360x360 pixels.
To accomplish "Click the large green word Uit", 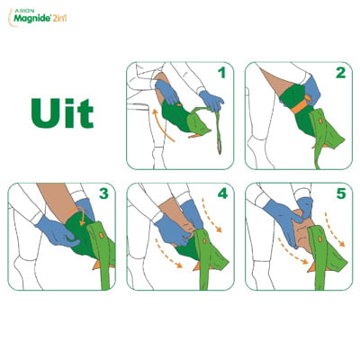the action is [62, 113].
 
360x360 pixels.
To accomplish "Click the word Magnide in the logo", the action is [32, 18].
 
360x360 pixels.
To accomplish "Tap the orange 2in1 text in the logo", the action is [59, 18].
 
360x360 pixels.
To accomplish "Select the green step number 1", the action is [221, 73].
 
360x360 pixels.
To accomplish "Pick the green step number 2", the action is [340, 73].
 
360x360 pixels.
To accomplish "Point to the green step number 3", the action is [103, 193].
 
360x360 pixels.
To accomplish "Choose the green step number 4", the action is [222, 193].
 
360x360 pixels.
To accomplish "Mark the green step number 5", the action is [341, 193].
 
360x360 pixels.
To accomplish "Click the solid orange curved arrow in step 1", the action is [159, 126].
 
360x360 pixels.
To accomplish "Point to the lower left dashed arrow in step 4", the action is [167, 254].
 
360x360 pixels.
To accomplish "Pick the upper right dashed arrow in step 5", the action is [335, 229].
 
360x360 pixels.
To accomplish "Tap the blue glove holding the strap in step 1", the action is [211, 101].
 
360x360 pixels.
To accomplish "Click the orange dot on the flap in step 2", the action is [320, 121].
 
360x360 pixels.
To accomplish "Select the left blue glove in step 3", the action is [56, 231].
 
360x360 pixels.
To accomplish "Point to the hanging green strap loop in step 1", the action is [219, 132].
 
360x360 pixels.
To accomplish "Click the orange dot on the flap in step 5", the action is [320, 238].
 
